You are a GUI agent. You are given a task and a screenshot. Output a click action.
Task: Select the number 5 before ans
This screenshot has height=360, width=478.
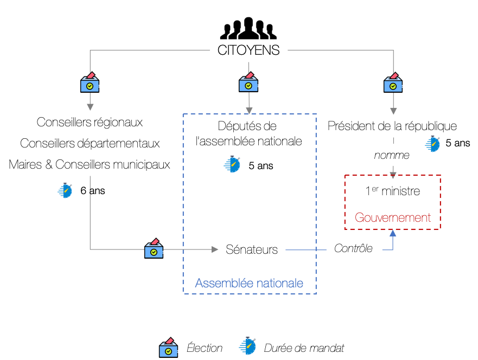click(x=251, y=166)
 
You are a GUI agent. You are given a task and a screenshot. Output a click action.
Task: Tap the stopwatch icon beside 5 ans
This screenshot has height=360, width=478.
click(x=232, y=164)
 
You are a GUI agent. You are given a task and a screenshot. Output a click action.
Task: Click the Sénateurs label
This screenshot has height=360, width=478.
click(x=252, y=249)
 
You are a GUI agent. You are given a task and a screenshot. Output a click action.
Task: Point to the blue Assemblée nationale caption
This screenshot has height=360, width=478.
click(x=249, y=283)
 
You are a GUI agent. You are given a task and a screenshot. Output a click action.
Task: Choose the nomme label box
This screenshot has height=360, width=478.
click(x=392, y=155)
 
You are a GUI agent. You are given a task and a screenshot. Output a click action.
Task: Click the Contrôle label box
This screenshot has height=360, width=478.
click(x=354, y=248)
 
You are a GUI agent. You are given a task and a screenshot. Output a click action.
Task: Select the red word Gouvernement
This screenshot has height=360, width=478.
click(x=393, y=217)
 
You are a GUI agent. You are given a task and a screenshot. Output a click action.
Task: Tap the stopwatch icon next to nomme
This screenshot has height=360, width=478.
click(x=432, y=144)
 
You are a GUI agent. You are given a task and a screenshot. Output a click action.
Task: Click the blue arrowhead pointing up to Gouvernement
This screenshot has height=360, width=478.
click(x=393, y=233)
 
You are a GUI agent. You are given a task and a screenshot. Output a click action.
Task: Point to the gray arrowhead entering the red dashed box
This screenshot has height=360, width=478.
click(x=393, y=175)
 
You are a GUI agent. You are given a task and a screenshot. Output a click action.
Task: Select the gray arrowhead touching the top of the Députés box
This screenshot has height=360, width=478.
click(x=248, y=110)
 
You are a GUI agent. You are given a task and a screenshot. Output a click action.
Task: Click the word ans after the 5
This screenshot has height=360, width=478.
click(x=265, y=166)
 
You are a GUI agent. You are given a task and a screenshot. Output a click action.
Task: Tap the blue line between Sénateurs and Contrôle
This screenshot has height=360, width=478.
click(x=305, y=249)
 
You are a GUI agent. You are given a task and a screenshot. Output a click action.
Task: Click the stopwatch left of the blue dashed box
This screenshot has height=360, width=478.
click(x=65, y=190)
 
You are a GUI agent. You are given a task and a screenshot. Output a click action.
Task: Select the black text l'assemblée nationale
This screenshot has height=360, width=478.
click(x=249, y=142)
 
